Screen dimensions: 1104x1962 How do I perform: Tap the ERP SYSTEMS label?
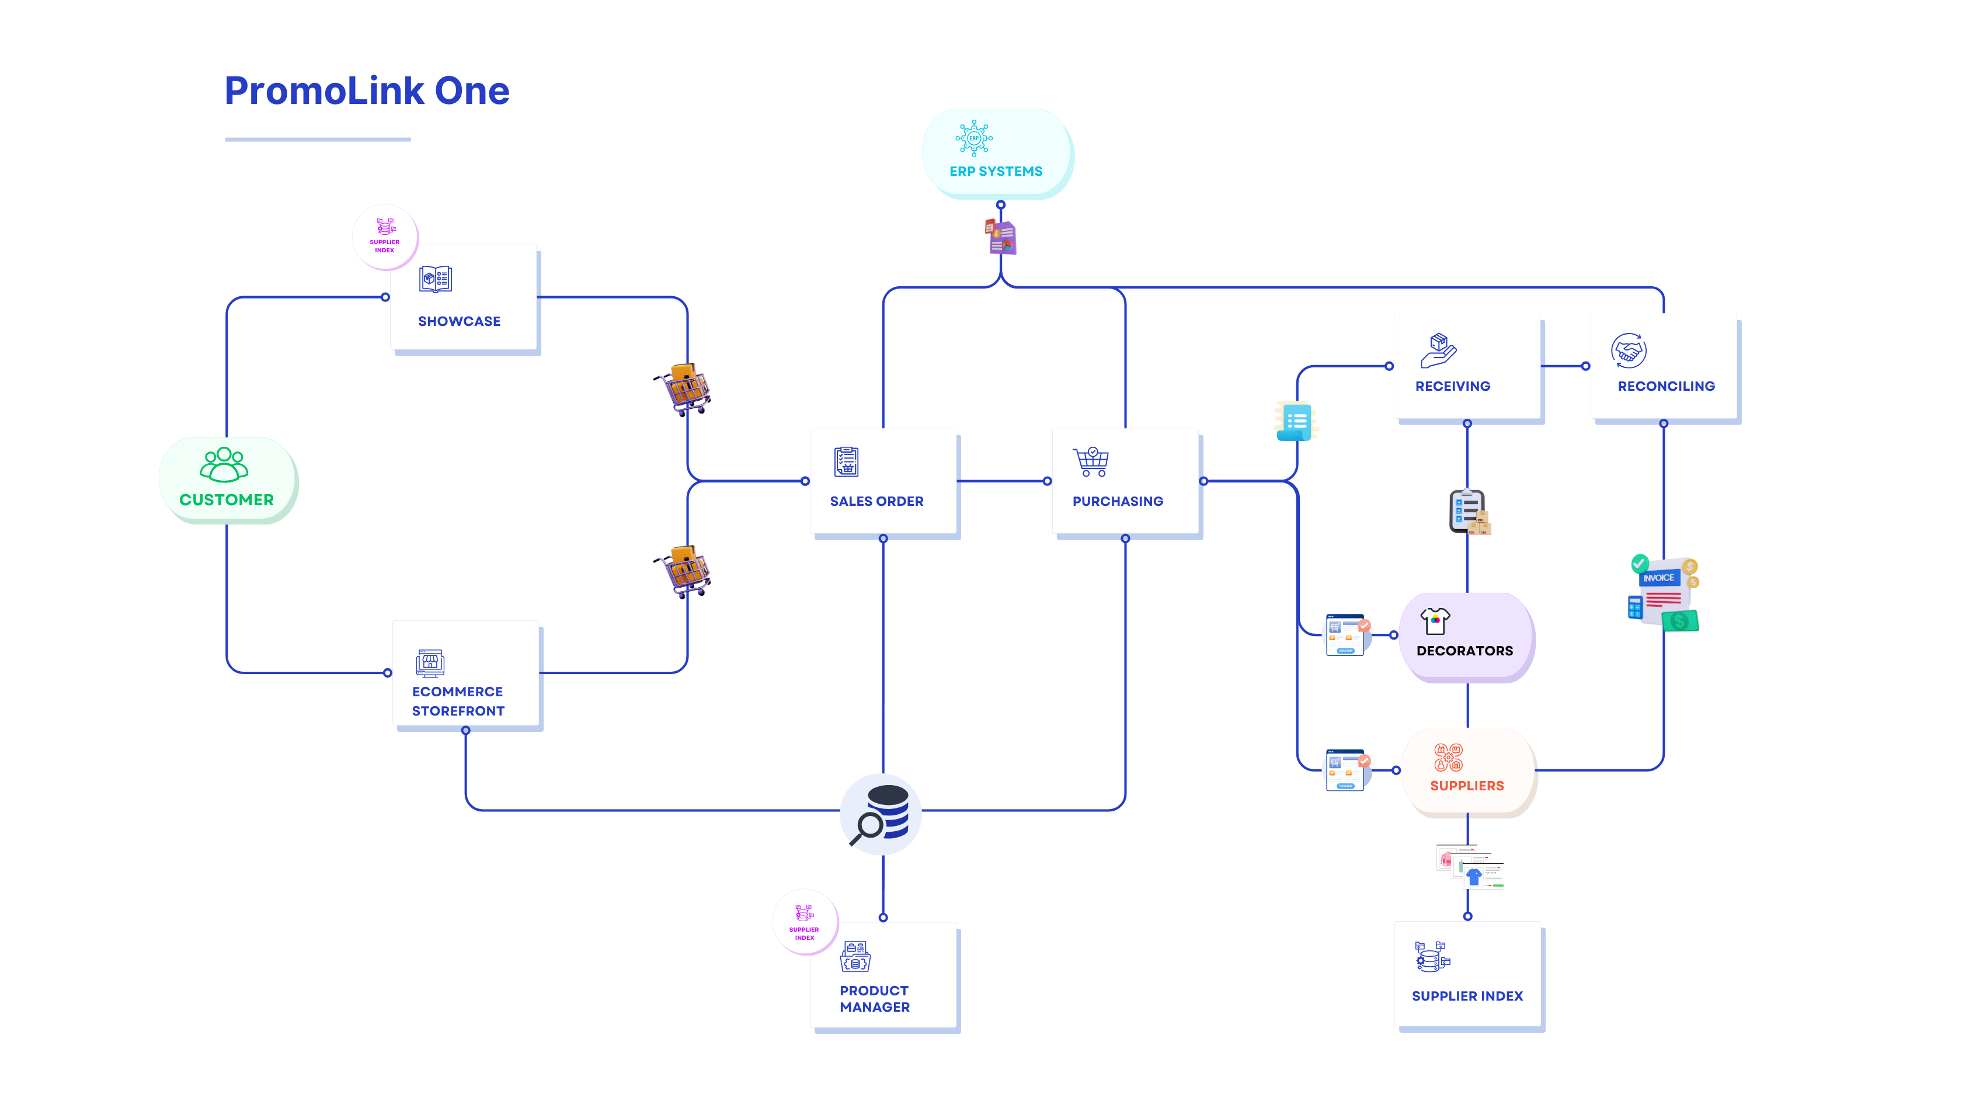tap(996, 171)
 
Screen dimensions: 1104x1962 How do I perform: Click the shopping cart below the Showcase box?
tap(684, 390)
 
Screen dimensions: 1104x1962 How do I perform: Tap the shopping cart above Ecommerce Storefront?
tap(684, 571)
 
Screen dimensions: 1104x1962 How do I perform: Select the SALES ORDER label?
tap(876, 501)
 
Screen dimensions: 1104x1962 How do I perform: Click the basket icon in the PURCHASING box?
tap(1091, 461)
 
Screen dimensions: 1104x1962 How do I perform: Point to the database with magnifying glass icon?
tap(881, 814)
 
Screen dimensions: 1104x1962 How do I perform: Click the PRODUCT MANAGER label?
tap(874, 998)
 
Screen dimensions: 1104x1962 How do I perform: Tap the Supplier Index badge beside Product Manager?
tap(804, 921)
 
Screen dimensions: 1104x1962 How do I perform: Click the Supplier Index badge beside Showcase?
tap(385, 235)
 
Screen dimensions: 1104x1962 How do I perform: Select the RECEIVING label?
tap(1452, 386)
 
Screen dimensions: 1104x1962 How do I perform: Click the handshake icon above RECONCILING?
tap(1629, 351)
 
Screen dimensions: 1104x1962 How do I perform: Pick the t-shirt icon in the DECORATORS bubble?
tap(1435, 621)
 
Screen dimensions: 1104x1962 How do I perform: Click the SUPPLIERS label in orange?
tap(1466, 786)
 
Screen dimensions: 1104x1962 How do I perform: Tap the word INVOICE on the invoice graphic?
tap(1658, 578)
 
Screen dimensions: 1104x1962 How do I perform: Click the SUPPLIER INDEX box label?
tap(1467, 996)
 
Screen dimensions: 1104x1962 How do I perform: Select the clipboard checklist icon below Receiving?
tap(1467, 511)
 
